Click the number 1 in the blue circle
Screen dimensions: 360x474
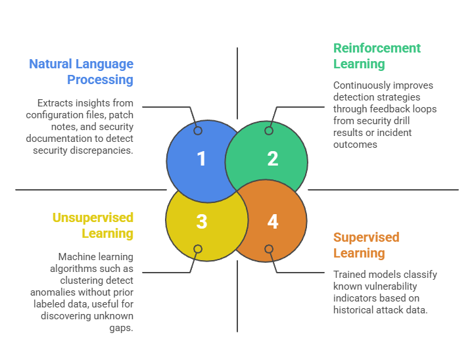coord(202,158)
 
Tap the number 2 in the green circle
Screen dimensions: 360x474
coord(273,158)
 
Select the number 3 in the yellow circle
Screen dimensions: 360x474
coord(202,221)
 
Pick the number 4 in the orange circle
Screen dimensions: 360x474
coord(273,221)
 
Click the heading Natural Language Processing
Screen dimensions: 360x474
coord(81,72)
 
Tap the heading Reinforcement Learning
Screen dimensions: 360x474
coord(377,56)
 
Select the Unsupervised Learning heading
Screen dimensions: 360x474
coord(92,225)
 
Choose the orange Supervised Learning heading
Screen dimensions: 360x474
coord(366,245)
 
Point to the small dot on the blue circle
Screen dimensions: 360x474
coord(198,131)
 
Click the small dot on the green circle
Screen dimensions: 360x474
coord(269,131)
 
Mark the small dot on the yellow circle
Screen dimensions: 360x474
coord(198,249)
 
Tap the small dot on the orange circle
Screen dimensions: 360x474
coord(269,249)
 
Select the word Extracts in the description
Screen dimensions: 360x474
coord(56,102)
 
